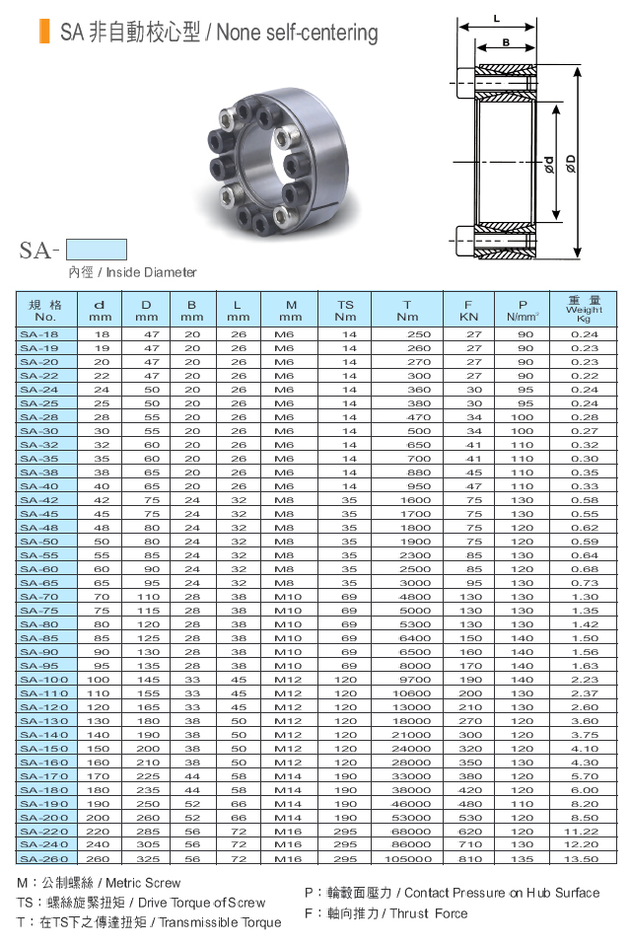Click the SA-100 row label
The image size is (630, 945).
[x=44, y=680]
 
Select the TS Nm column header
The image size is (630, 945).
[x=346, y=311]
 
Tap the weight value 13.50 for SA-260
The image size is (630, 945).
[x=582, y=859]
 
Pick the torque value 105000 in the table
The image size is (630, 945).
[x=408, y=859]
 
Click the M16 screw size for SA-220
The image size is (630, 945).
[x=287, y=832]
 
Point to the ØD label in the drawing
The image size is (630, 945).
[x=571, y=164]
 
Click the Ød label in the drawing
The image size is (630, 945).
[x=549, y=165]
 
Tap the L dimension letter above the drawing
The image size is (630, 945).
[x=496, y=19]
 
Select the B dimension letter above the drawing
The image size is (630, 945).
[x=506, y=42]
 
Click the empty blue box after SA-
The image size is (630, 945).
[x=97, y=250]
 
